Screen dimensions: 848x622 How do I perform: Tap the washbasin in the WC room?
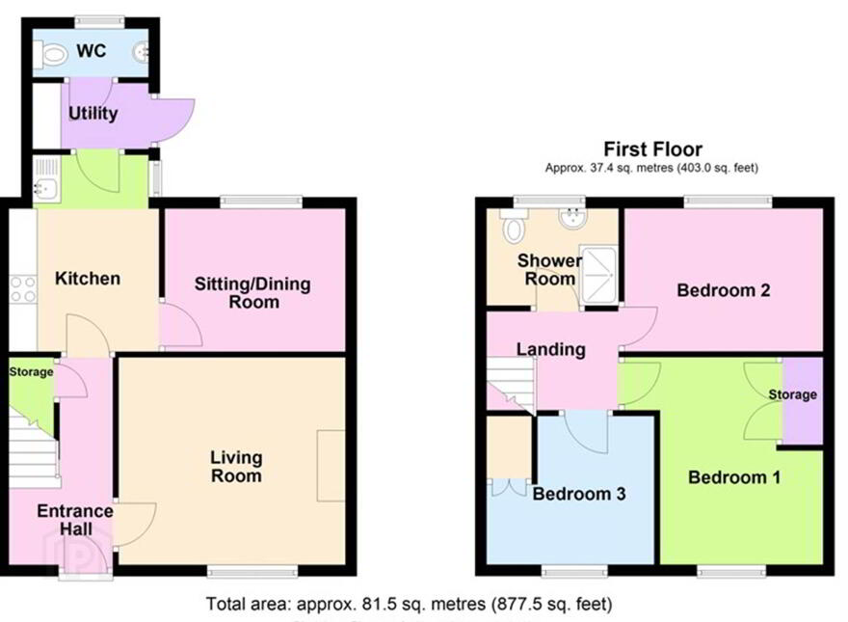pyautogui.click(x=141, y=52)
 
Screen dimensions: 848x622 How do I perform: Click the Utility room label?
pyautogui.click(x=93, y=113)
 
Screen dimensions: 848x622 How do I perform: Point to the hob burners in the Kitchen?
pyautogui.click(x=23, y=289)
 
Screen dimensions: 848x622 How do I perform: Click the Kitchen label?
pyautogui.click(x=88, y=279)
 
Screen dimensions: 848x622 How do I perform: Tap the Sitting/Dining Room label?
pyautogui.click(x=252, y=293)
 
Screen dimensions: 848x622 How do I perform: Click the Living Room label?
pyautogui.click(x=236, y=466)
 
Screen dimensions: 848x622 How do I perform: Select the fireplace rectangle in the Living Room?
pyautogui.click(x=331, y=466)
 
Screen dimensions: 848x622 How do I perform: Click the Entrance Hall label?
pyautogui.click(x=75, y=520)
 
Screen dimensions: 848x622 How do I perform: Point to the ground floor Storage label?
pyautogui.click(x=32, y=372)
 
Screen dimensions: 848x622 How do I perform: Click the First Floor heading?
pyautogui.click(x=652, y=149)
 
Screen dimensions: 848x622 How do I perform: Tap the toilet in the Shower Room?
pyautogui.click(x=514, y=226)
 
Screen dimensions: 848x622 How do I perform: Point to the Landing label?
pyautogui.click(x=550, y=349)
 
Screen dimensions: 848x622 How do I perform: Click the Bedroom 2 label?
pyautogui.click(x=723, y=290)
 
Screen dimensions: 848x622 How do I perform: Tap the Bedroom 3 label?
pyautogui.click(x=579, y=493)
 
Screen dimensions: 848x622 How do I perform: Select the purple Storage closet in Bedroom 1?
pyautogui.click(x=803, y=401)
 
